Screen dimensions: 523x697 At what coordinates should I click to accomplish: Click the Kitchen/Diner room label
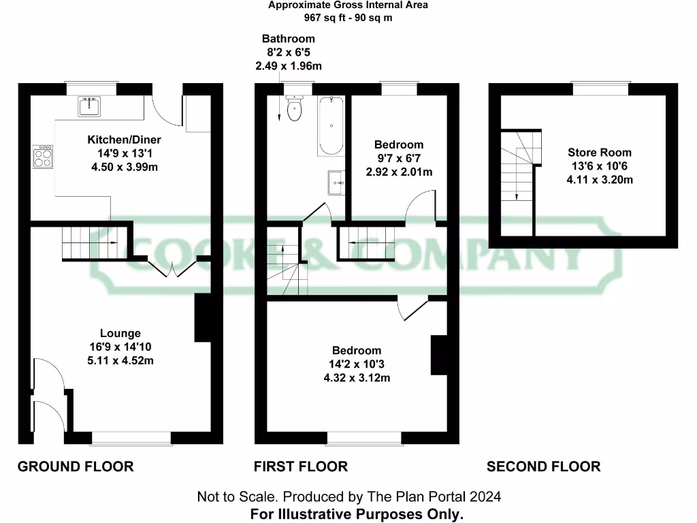click(x=124, y=140)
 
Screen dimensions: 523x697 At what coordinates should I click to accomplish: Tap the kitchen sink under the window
click(x=89, y=107)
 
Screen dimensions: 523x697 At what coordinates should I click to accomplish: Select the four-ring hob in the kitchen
click(x=43, y=158)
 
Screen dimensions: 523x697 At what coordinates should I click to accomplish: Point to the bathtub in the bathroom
click(x=331, y=126)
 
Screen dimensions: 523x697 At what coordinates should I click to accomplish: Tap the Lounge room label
click(x=120, y=333)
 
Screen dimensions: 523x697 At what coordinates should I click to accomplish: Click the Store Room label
click(x=600, y=153)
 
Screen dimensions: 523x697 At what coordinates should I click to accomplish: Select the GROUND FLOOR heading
click(x=76, y=466)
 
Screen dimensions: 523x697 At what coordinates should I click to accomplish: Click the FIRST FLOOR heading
click(x=301, y=466)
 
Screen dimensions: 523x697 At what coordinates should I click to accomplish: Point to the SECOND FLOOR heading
click(x=543, y=466)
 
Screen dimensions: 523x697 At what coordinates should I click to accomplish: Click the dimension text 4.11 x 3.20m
click(x=600, y=180)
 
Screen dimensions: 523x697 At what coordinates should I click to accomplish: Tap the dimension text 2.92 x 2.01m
click(x=399, y=172)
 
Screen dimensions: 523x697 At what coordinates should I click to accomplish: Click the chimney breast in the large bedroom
click(x=440, y=355)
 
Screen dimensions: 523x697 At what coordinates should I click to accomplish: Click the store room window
click(x=600, y=89)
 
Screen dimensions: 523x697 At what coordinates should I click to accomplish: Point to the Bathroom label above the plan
click(x=289, y=39)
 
